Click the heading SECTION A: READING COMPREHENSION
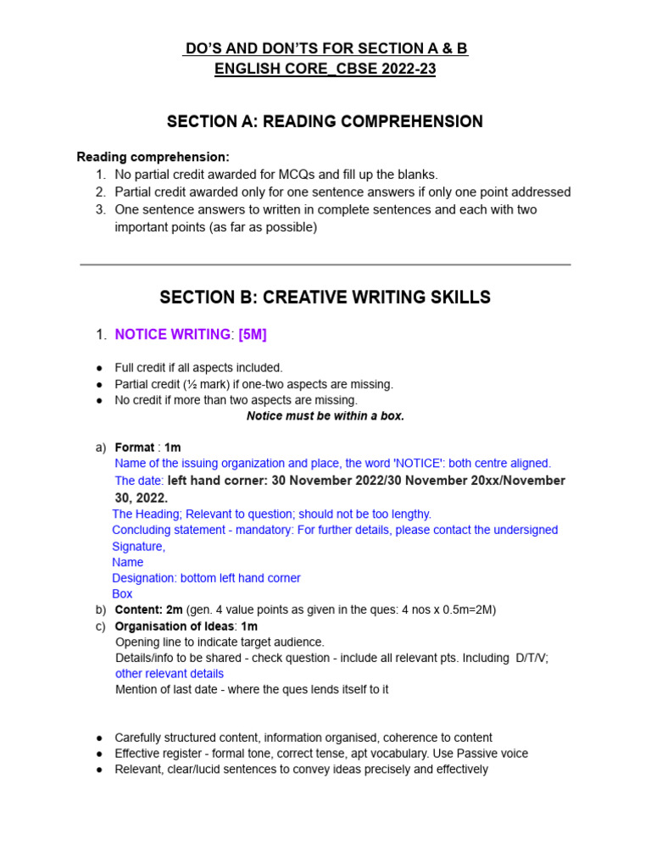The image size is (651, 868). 325,121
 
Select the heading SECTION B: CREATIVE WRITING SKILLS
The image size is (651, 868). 325,298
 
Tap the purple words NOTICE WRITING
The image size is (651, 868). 172,335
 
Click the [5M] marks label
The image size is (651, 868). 253,335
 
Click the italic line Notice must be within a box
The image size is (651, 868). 325,416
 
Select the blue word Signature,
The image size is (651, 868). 139,547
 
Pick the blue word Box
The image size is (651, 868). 123,594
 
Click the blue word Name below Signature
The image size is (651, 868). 128,562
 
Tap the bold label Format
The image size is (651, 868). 135,448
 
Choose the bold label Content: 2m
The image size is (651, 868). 148,610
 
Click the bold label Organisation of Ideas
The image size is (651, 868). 175,626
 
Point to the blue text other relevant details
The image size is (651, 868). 170,674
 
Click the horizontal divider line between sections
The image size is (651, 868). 325,264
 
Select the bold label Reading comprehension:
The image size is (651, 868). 153,157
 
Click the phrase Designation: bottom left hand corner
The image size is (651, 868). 207,578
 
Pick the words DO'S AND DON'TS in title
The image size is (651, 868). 254,49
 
